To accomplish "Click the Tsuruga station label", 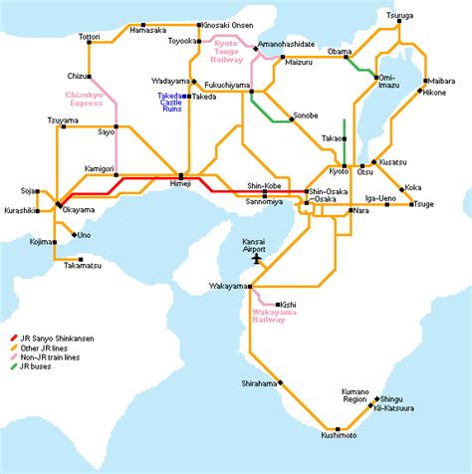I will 401,15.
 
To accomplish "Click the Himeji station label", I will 181,185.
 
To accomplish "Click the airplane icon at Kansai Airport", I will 259,259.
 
